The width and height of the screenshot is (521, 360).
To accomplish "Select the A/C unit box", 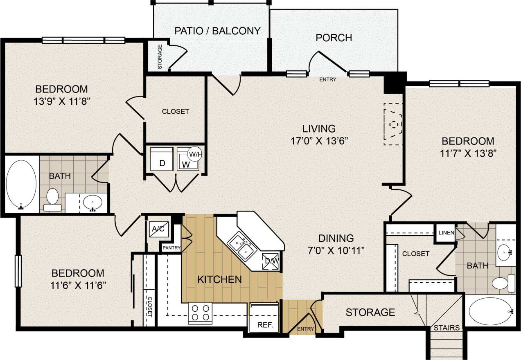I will pyautogui.click(x=158, y=229).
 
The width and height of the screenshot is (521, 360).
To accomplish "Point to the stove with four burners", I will pyautogui.click(x=200, y=313).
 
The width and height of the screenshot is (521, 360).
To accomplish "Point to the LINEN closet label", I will pyautogui.click(x=446, y=233).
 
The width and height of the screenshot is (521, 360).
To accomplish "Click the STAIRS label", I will pyautogui.click(x=447, y=328).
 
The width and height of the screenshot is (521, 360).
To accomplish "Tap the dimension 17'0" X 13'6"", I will pyautogui.click(x=319, y=141).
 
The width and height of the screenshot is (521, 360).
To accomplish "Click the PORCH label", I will pyautogui.click(x=334, y=38).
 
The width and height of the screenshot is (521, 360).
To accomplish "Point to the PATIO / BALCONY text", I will pyautogui.click(x=217, y=31).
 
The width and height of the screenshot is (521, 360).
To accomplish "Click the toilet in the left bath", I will pyautogui.click(x=52, y=199).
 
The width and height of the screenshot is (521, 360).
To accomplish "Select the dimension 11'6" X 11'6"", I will pyautogui.click(x=78, y=285).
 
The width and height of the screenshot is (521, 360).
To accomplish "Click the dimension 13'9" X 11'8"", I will pyautogui.click(x=61, y=101).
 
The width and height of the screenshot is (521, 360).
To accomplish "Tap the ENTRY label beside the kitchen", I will pyautogui.click(x=306, y=329).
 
